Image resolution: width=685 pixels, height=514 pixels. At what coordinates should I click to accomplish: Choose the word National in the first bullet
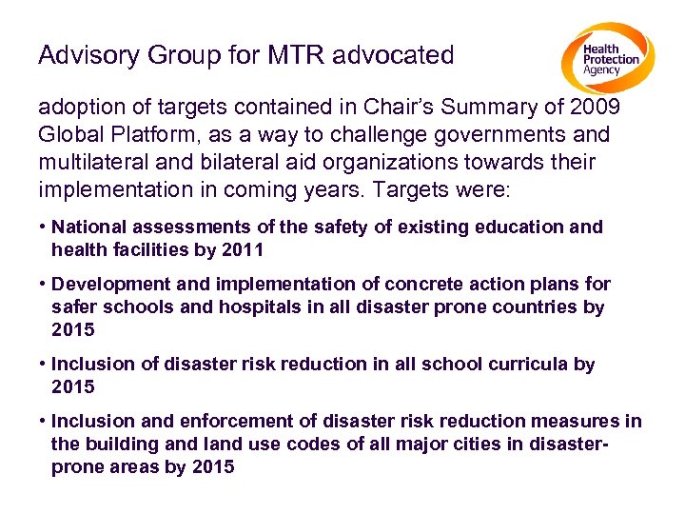point(86,227)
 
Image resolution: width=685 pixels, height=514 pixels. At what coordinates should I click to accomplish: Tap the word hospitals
point(245,306)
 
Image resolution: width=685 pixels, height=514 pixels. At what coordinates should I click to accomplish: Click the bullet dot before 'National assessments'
point(43,227)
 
